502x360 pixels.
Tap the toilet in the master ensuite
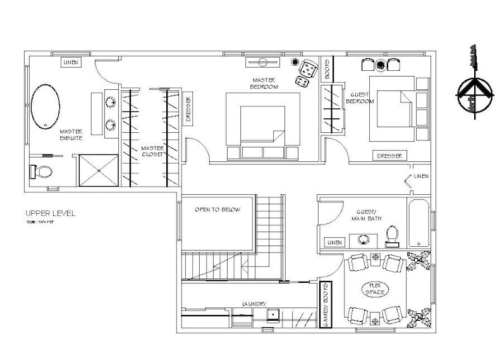click(41, 171)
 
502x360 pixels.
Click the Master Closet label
click(152, 151)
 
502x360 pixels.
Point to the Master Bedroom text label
click(264, 83)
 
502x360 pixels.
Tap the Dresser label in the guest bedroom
click(388, 156)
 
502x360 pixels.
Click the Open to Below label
click(217, 209)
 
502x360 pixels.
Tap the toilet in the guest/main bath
click(392, 235)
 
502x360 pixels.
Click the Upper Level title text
click(51, 213)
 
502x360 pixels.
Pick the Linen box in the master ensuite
click(70, 62)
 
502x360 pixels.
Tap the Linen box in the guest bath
click(334, 242)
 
